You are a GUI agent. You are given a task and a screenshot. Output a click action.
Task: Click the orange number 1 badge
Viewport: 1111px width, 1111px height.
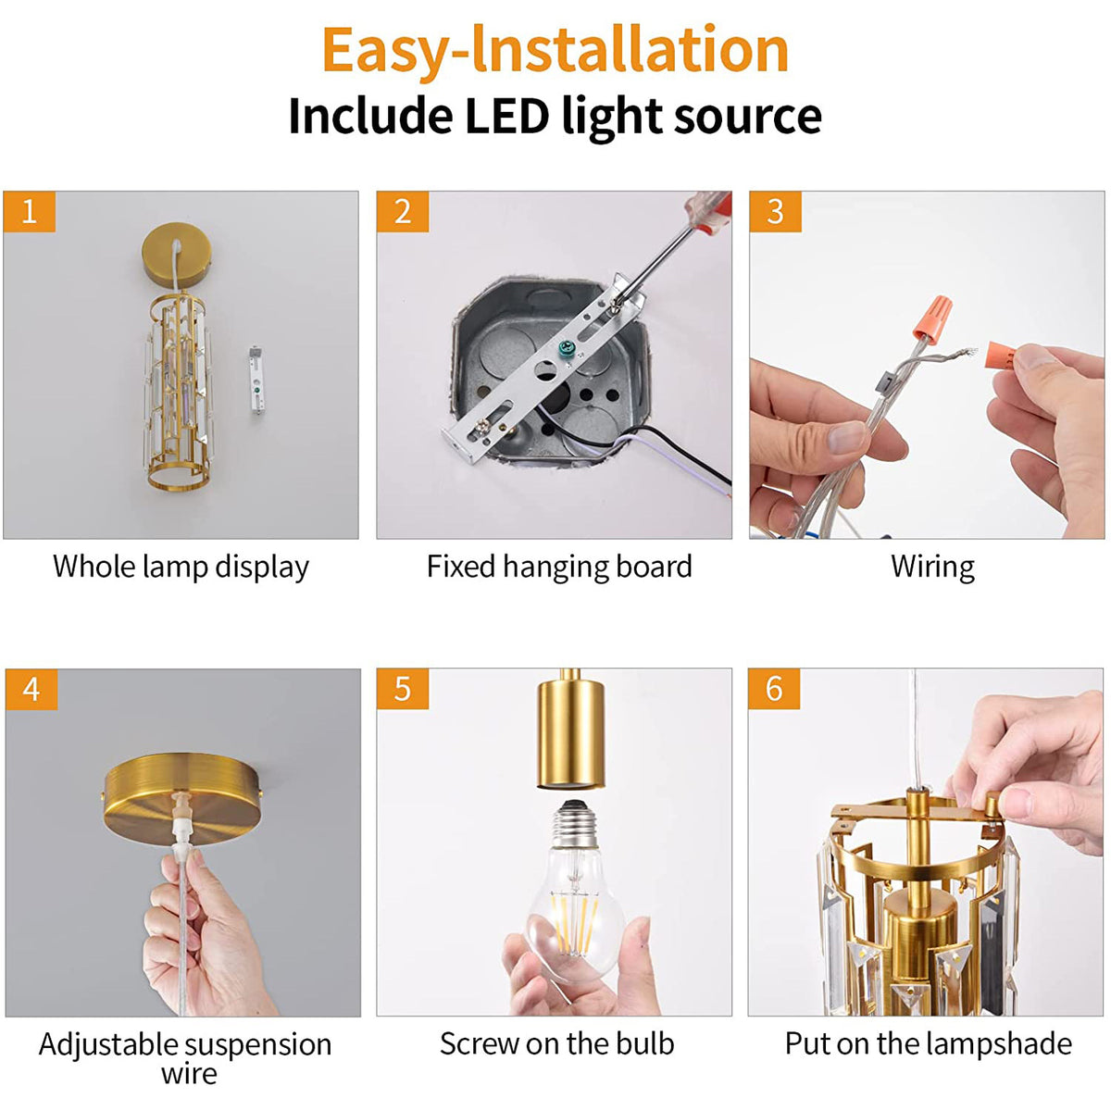[30, 212]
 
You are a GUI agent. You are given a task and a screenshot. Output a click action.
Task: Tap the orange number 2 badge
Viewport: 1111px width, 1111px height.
[403, 212]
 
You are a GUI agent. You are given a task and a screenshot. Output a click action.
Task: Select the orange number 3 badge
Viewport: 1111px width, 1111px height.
[775, 212]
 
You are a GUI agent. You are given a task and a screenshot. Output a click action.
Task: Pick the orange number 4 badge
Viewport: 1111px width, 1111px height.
[31, 689]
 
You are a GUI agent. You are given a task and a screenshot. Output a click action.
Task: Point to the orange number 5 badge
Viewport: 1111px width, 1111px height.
[403, 689]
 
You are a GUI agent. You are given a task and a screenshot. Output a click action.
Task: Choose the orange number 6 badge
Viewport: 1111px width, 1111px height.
[774, 689]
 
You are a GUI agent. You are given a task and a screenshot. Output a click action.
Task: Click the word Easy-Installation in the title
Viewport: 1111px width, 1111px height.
[555, 52]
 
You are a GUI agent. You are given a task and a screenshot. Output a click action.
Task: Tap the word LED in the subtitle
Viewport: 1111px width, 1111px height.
[506, 116]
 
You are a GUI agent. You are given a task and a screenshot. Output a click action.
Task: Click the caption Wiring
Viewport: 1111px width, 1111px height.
[932, 568]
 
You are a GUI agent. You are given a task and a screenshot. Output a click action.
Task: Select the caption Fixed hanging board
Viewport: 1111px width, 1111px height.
[559, 568]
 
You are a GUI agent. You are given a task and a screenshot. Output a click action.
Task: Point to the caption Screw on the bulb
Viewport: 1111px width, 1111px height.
[557, 1043]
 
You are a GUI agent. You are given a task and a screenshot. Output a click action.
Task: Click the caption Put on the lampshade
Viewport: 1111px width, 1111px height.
[929, 1043]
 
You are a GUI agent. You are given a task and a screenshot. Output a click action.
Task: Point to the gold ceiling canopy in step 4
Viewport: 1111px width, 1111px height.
[182, 798]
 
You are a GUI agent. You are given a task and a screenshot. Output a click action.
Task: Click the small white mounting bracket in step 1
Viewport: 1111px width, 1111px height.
[256, 380]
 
